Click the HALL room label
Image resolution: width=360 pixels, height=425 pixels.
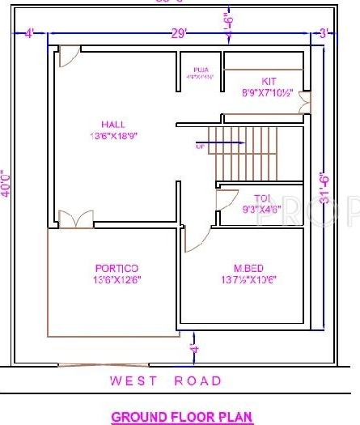(x=113, y=124)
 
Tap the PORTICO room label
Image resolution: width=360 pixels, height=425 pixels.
(x=116, y=268)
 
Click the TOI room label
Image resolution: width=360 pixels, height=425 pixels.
(x=260, y=198)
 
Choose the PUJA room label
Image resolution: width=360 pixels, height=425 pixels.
(x=200, y=69)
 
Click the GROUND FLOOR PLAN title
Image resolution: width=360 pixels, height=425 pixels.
(x=182, y=418)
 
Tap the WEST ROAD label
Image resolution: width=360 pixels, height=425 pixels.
(x=165, y=380)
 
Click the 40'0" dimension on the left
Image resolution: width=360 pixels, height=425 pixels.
(x=7, y=184)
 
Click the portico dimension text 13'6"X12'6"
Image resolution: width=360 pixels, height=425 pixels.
(x=118, y=280)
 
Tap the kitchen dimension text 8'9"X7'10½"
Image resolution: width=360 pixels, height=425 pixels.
(x=268, y=94)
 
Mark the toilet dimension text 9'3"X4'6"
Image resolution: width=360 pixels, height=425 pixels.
(x=261, y=209)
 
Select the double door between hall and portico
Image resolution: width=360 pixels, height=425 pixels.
(x=78, y=219)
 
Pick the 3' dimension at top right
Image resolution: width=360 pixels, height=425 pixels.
(x=323, y=33)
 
